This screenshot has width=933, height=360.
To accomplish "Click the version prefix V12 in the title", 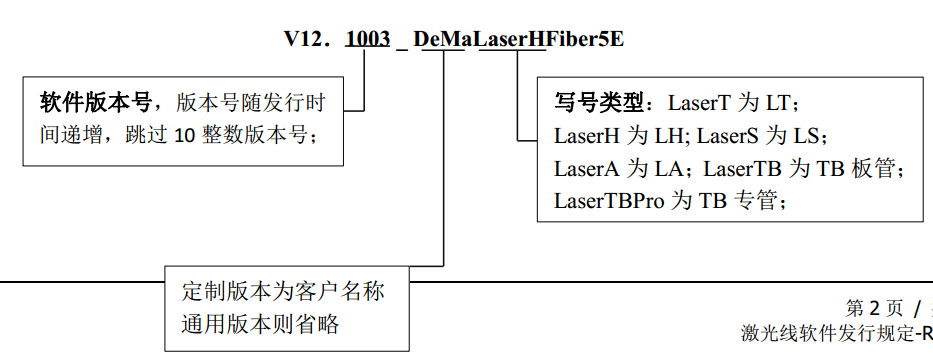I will [x=303, y=40].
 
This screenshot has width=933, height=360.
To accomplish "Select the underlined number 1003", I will [x=367, y=40].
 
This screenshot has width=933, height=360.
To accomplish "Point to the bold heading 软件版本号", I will [x=95, y=102].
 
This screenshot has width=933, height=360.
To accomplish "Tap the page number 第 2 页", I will [x=875, y=307].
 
